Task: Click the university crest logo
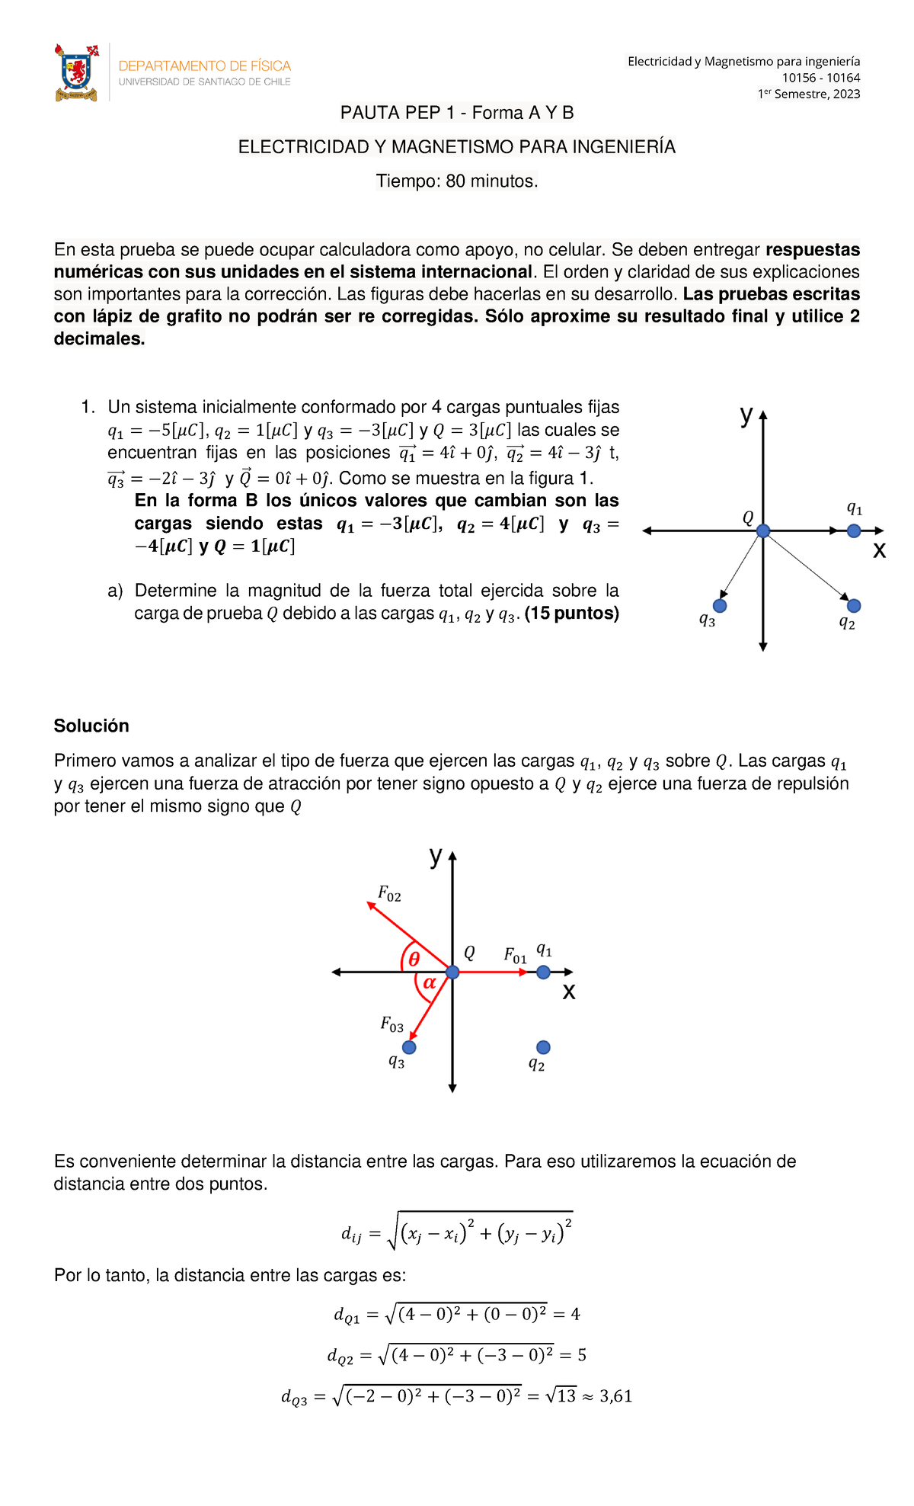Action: (x=76, y=72)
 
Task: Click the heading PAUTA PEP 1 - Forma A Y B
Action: (x=457, y=113)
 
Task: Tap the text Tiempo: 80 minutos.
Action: (x=457, y=181)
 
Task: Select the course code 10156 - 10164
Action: (x=821, y=78)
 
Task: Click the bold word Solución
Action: (x=91, y=726)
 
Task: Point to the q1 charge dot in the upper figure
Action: (x=854, y=530)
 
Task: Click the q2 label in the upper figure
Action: (x=846, y=623)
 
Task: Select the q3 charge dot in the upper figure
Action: (x=719, y=606)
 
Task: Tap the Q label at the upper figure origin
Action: (x=748, y=517)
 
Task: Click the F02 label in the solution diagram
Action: (x=389, y=893)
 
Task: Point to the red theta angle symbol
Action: (x=414, y=960)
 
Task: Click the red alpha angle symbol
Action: (x=430, y=983)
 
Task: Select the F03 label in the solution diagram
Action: (x=391, y=1024)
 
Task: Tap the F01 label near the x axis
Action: (x=515, y=955)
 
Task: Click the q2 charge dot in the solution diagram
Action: (x=543, y=1047)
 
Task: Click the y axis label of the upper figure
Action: (x=746, y=415)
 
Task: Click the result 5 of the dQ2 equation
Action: (x=582, y=1355)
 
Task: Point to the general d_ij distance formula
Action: (x=457, y=1232)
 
